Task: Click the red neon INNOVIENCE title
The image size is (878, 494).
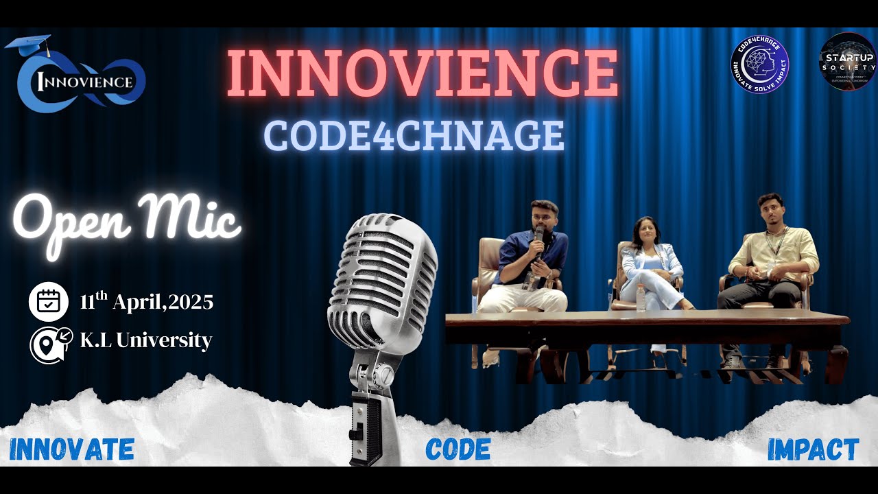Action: [422, 73]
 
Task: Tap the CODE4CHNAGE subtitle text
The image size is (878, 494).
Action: [414, 136]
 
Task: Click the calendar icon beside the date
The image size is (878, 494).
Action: [49, 302]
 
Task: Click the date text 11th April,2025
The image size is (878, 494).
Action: [146, 302]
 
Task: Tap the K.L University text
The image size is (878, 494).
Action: [145, 340]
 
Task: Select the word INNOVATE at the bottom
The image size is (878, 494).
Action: [72, 449]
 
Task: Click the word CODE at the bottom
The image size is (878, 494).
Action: [458, 449]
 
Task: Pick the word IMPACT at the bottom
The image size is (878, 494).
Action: [813, 449]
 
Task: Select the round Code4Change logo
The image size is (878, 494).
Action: [760, 64]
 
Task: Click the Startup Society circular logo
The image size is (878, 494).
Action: [848, 62]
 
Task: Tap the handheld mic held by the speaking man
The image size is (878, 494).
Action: [539, 240]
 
